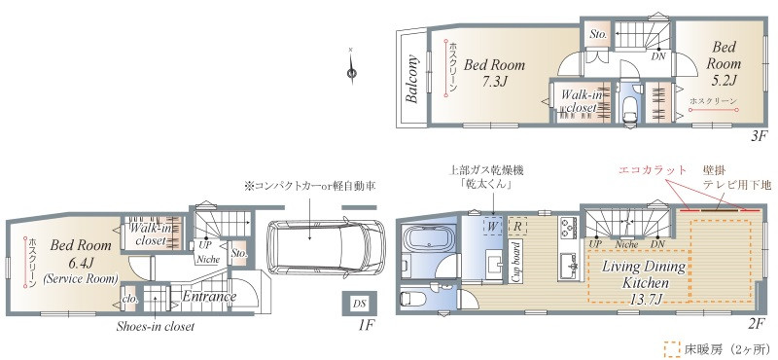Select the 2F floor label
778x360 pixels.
(758, 324)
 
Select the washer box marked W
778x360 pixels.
(493, 225)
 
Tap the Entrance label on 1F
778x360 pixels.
(208, 296)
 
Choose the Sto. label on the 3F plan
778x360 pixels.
(598, 34)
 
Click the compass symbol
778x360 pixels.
(351, 67)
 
